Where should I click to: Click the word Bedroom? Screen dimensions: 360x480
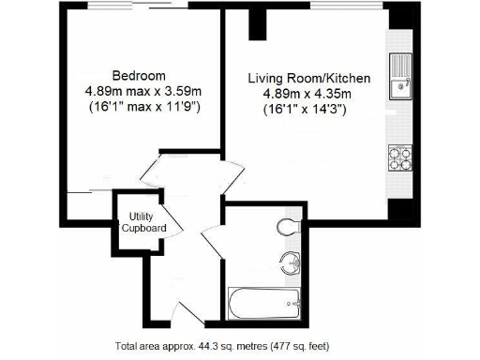139,75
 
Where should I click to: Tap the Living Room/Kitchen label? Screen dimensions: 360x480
309,78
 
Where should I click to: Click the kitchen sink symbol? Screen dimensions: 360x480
400,76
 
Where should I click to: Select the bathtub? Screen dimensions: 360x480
264,302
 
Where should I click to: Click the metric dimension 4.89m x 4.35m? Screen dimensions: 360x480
309,94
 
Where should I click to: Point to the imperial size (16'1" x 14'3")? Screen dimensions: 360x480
309,110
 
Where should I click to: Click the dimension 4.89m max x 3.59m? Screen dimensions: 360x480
139,91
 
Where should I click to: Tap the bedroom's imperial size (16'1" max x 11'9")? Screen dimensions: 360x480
139,107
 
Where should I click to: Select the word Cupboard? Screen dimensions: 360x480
144,228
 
